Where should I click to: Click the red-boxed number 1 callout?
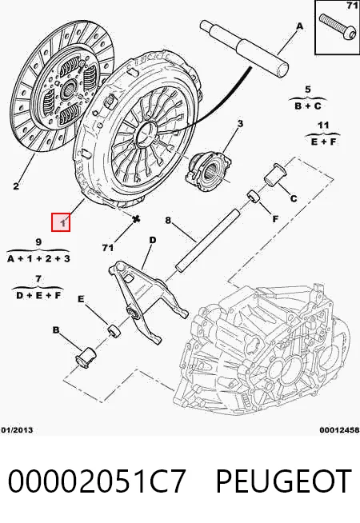61,222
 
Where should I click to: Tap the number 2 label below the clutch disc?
16,186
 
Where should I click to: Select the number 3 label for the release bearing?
240,124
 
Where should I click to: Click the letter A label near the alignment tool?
300,26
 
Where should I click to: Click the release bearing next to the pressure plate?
209,171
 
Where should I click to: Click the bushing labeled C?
274,174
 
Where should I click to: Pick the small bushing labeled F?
254,196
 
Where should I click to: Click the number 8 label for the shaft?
168,220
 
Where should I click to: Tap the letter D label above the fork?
152,240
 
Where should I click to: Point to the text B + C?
308,106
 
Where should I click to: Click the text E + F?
323,142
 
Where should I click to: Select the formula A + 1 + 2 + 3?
38,258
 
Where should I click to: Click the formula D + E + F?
38,295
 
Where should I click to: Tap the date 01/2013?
17,430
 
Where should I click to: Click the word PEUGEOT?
283,481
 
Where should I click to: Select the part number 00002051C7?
97,481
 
